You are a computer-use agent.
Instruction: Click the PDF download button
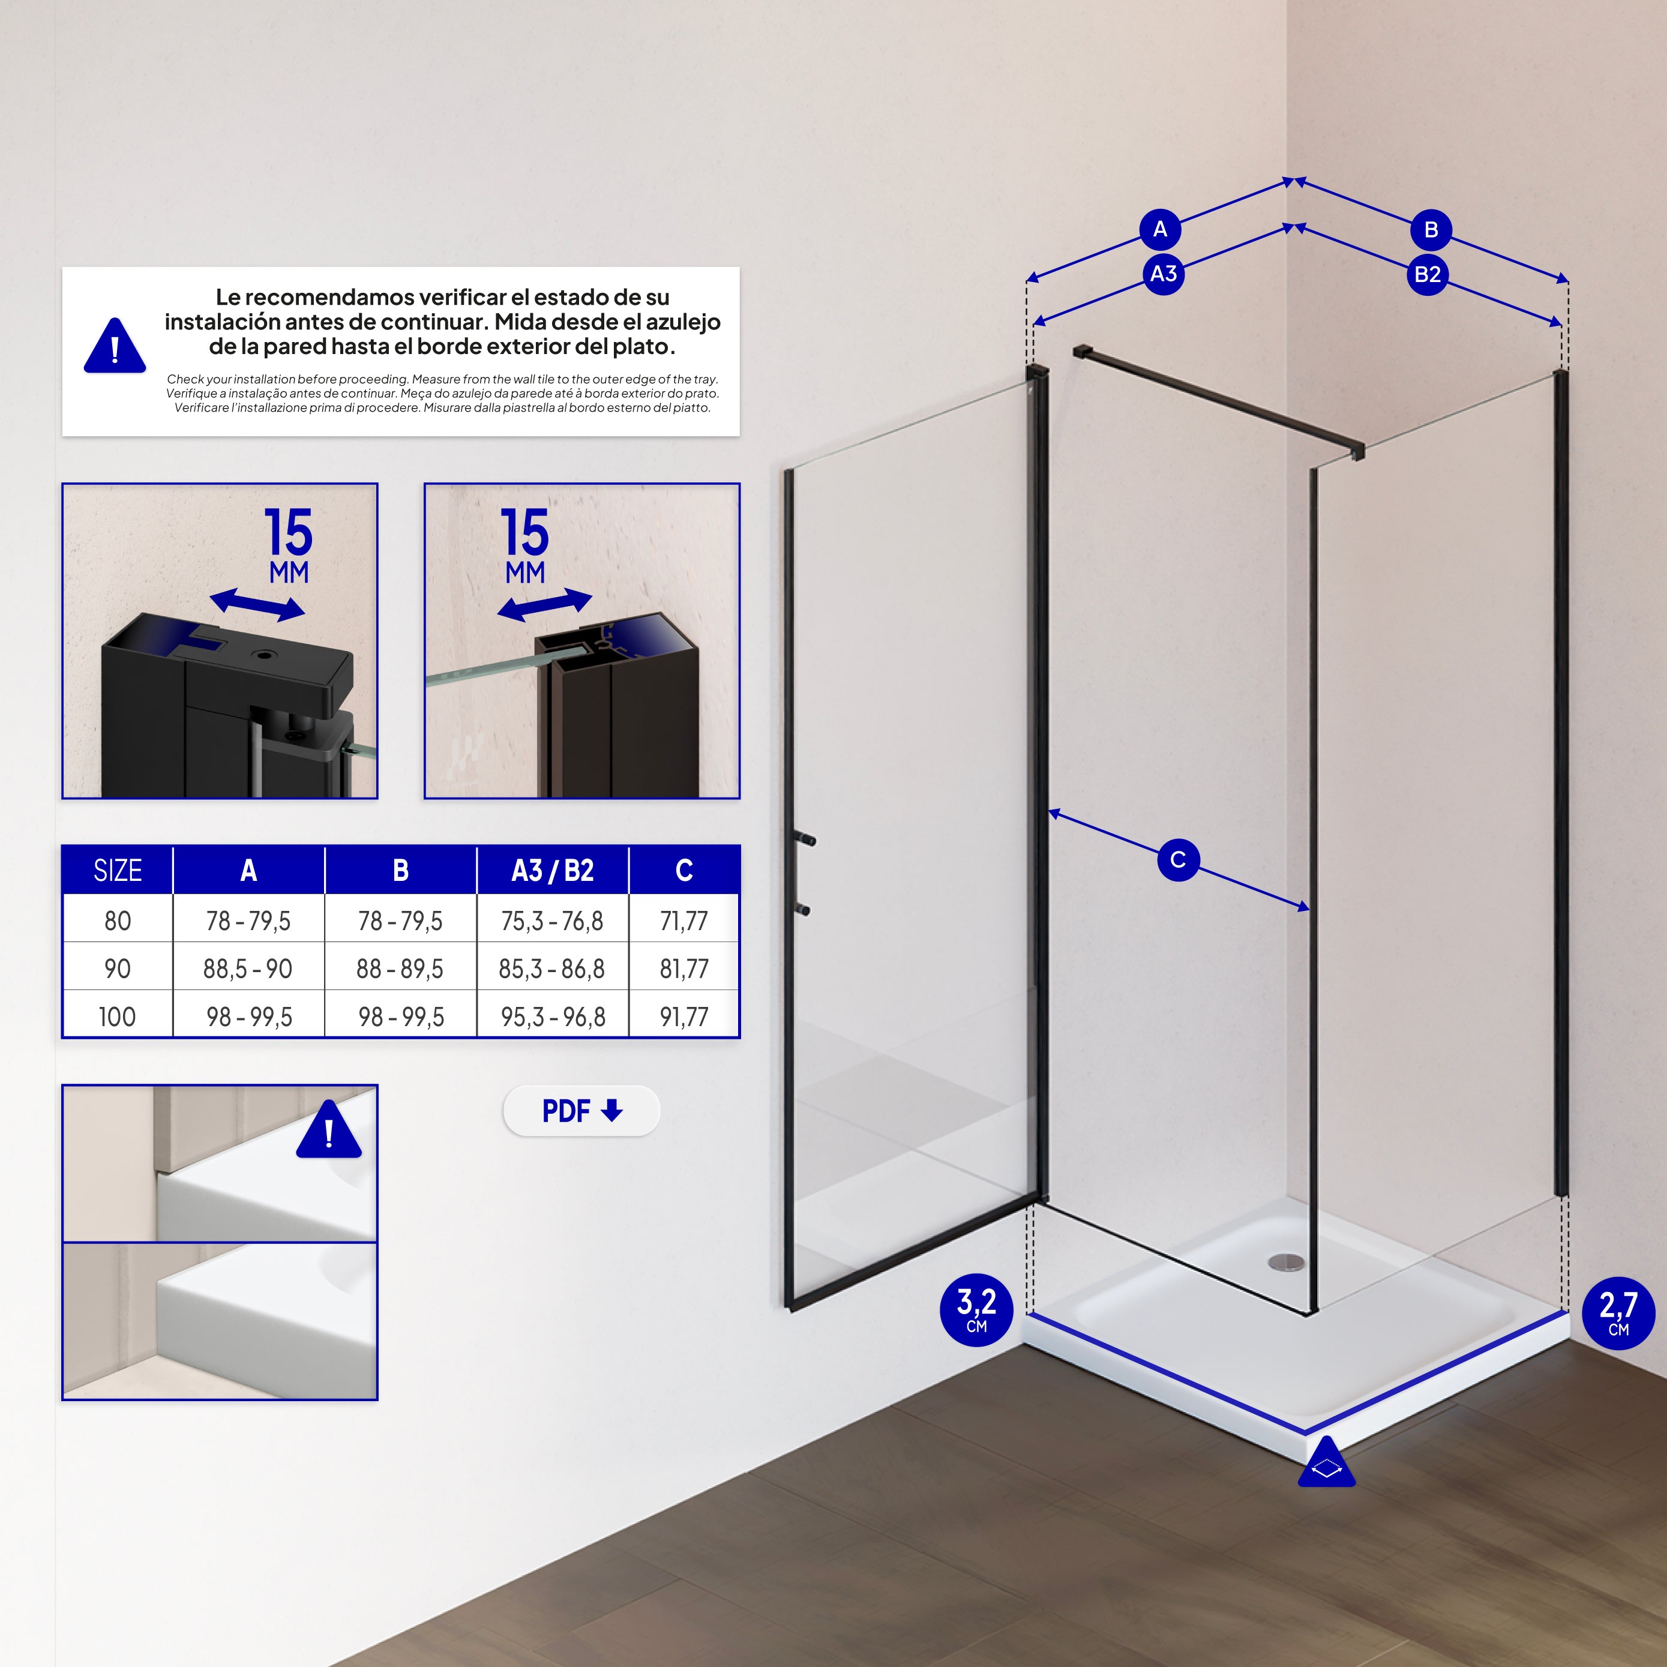(581, 1111)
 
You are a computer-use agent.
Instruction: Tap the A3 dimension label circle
(1163, 274)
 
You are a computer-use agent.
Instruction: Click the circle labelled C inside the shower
(1178, 859)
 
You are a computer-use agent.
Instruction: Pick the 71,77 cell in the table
(684, 921)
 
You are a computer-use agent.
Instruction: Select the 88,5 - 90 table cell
(248, 968)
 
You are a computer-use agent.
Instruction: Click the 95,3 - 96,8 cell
(553, 1017)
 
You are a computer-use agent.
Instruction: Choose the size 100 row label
(118, 1017)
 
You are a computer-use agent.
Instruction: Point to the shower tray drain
(1287, 1263)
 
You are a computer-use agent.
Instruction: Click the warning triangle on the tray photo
(329, 1129)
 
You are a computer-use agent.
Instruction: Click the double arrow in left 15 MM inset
(257, 604)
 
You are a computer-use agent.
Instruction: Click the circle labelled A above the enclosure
(1161, 229)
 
